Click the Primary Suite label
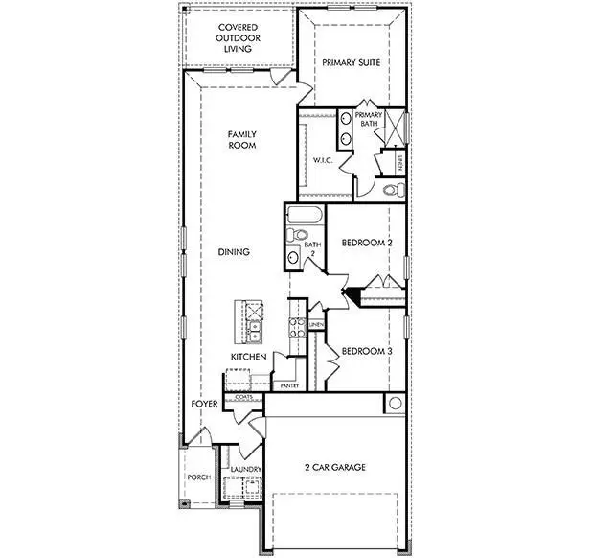352,63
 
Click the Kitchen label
247,357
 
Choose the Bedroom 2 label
367,244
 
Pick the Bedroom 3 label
367,351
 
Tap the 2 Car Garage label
335,468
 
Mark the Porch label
198,477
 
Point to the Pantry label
289,385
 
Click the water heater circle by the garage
395,404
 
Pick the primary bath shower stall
397,128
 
